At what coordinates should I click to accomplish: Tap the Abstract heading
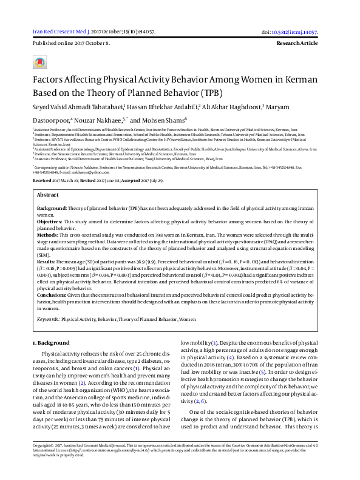[48, 195]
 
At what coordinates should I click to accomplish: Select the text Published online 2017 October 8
[72, 44]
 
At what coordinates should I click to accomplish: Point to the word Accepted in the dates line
[132, 181]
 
